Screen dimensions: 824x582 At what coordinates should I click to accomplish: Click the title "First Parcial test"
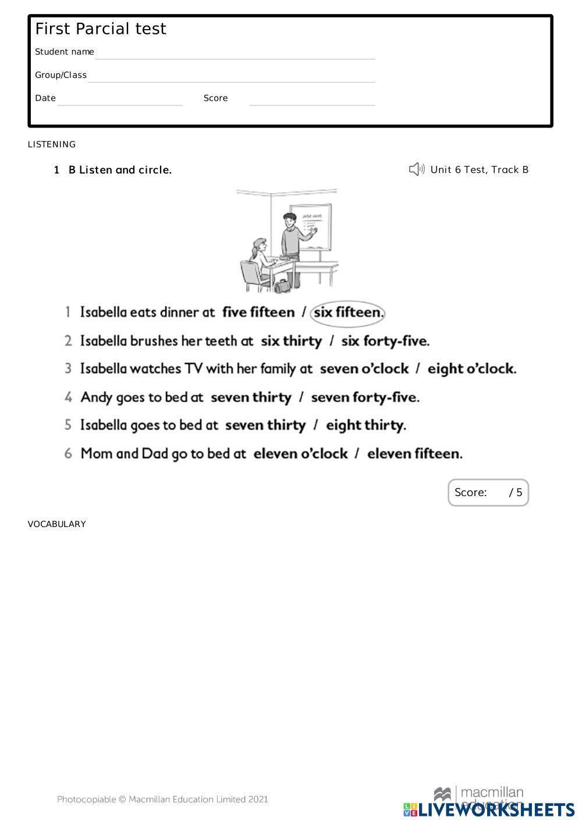coord(101,29)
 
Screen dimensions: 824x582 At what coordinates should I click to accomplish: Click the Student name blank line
coord(235,53)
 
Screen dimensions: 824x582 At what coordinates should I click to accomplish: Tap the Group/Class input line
coord(231,76)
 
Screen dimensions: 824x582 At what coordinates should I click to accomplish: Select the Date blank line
coord(120,100)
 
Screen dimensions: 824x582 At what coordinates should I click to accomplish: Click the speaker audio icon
coord(417,169)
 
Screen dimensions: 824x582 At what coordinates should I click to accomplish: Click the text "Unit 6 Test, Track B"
coord(480,169)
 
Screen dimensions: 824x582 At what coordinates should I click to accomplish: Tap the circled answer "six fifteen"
coord(348,313)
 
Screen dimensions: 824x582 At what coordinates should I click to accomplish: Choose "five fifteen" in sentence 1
coord(258,313)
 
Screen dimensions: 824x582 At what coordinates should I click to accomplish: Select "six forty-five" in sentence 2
coord(385,341)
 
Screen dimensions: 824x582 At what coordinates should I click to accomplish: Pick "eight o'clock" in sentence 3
coord(471,369)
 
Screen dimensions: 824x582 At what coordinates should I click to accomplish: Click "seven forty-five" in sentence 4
coord(365,398)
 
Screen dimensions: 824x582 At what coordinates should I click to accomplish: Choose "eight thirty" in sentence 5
coord(365,426)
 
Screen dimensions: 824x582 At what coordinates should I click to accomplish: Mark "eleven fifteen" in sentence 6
coord(414,454)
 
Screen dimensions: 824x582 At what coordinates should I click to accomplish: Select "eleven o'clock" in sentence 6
coord(300,454)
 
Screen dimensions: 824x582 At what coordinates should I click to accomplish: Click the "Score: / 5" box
coord(488,493)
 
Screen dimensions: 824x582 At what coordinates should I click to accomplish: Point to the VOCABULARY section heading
coord(57,524)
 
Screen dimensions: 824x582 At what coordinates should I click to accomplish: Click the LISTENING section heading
coord(52,144)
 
